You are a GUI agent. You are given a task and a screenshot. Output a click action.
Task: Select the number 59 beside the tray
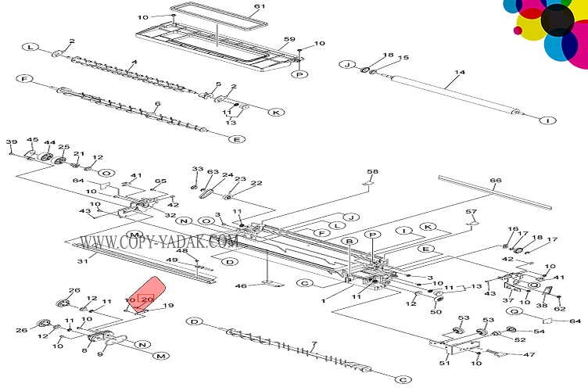coord(289,39)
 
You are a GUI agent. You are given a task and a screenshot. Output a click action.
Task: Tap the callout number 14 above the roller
coord(459,74)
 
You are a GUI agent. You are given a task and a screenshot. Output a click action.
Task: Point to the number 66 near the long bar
coord(495,181)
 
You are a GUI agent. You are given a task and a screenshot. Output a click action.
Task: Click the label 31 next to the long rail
coord(82,260)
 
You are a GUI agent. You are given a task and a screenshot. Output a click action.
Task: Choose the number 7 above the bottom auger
coord(314,344)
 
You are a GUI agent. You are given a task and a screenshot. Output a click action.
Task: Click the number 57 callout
coord(471,212)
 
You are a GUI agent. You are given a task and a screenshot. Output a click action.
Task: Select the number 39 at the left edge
coord(11,142)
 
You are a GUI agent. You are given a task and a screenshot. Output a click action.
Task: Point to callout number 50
coord(436,313)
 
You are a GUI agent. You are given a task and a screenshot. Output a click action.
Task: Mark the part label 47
coord(529,355)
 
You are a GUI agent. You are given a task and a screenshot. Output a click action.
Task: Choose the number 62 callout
coord(559,308)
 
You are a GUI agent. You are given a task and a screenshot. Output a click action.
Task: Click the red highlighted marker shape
coord(146,294)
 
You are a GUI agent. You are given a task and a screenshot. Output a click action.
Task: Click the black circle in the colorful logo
coord(557,20)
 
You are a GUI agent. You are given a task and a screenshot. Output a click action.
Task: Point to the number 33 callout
coord(197,169)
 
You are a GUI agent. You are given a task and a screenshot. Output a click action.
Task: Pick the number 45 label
coord(32,140)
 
